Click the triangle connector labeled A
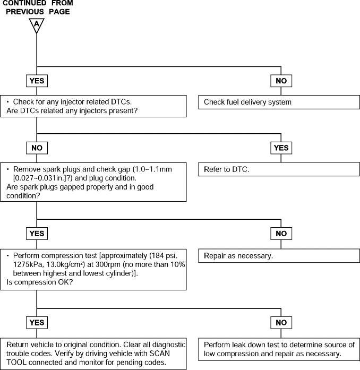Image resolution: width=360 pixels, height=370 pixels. tap(37, 25)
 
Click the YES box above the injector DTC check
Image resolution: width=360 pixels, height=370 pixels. tap(37, 81)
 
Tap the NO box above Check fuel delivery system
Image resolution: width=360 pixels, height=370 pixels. tap(281, 81)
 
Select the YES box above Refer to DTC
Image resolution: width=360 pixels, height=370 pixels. tap(281, 148)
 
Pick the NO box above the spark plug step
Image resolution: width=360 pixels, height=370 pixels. tap(37, 148)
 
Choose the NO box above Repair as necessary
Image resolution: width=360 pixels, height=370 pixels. tap(281, 234)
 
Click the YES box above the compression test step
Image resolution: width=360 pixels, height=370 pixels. tap(37, 234)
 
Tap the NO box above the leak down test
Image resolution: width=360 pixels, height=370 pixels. tap(281, 323)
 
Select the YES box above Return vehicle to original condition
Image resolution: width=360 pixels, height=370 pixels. tap(37, 323)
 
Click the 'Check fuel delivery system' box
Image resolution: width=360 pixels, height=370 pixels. tap(279, 102)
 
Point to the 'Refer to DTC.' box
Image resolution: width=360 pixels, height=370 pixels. tap(279, 169)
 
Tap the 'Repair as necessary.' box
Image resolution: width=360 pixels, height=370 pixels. tap(279, 256)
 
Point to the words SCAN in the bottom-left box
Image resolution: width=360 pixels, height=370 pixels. tap(160, 354)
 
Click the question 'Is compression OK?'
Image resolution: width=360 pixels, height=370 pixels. tap(40, 282)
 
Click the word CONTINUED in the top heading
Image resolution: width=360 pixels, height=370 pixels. tap(24, 3)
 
